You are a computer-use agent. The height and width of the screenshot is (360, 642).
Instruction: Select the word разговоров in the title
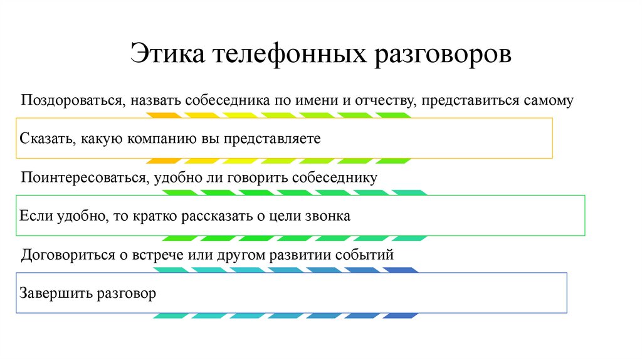(444, 54)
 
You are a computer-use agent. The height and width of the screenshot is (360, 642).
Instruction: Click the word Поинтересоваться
(83, 177)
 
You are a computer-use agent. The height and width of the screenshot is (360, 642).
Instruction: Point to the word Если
(35, 216)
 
